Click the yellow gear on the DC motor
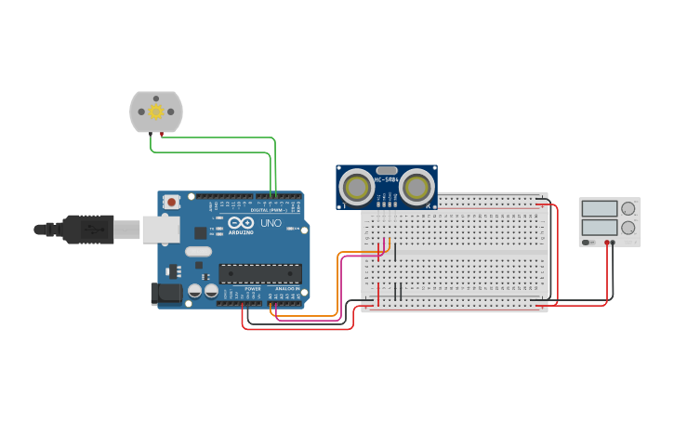[155, 112]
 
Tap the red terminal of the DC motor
[162, 135]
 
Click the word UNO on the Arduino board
[270, 224]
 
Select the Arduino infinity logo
[240, 224]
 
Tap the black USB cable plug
[88, 229]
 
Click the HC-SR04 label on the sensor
[386, 179]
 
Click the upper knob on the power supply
[628, 208]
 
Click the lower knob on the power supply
[628, 227]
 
